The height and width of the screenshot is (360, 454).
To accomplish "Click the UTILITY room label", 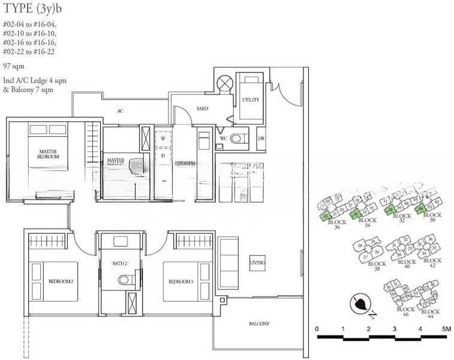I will [x=250, y=100].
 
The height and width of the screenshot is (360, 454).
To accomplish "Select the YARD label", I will [x=202, y=109].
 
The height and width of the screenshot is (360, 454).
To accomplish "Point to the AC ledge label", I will [x=120, y=111].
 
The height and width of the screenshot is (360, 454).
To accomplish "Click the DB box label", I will [x=261, y=139].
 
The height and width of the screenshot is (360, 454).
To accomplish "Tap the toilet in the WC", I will [x=238, y=139].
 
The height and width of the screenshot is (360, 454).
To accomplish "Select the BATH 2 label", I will [x=119, y=263].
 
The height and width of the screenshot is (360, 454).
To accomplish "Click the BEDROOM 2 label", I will [x=61, y=281].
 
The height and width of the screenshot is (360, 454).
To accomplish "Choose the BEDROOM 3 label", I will [x=181, y=281].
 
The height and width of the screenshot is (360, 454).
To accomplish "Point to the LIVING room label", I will [x=257, y=263].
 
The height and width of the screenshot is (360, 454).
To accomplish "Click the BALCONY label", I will [x=259, y=324].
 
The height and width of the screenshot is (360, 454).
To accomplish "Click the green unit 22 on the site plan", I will [x=326, y=216].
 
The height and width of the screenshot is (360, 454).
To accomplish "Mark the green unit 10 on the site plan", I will [x=390, y=209].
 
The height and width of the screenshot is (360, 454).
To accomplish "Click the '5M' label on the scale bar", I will [x=444, y=329].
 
